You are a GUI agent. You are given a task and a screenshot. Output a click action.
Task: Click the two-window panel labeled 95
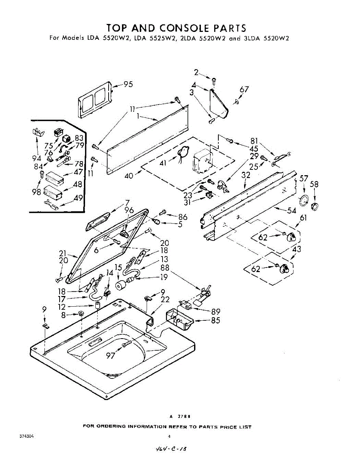(x=95, y=100)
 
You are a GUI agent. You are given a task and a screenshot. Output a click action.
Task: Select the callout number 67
(x=244, y=90)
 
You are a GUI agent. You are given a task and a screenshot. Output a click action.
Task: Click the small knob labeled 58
(x=314, y=207)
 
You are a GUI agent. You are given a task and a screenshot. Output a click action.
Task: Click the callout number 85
(x=215, y=320)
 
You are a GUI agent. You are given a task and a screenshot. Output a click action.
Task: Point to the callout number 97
(x=110, y=355)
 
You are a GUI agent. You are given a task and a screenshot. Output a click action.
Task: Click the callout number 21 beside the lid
(x=63, y=253)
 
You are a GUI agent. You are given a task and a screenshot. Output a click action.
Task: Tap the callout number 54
(x=292, y=210)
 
